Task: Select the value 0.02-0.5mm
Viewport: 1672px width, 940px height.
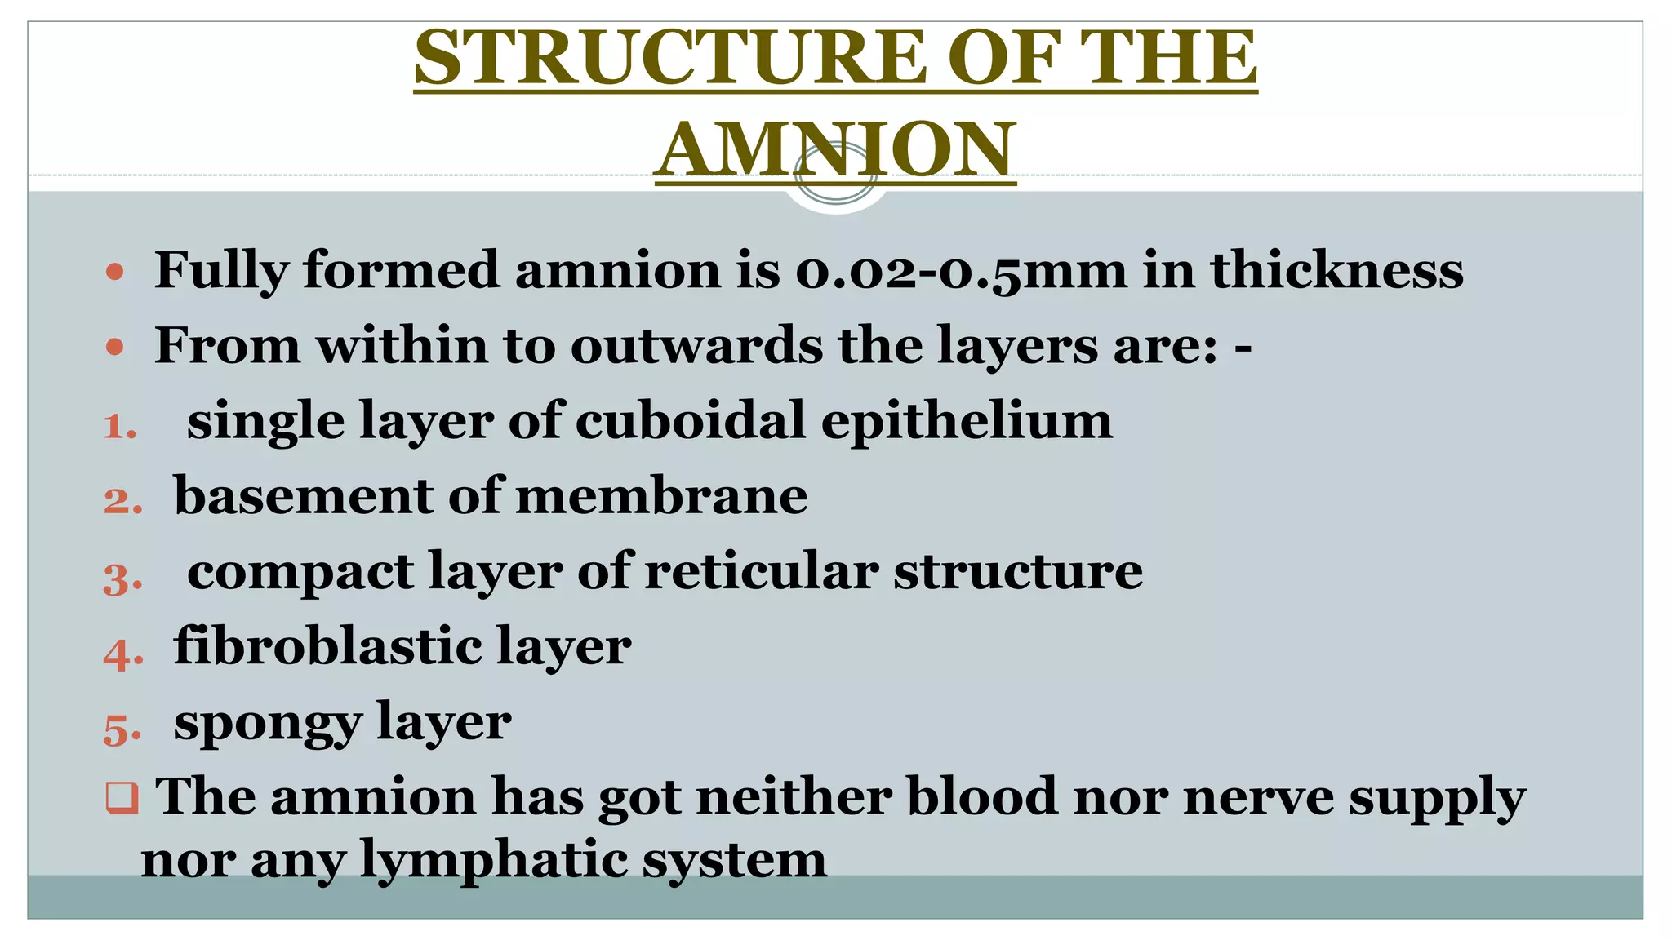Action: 961,270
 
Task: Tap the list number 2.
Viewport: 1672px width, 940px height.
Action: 122,500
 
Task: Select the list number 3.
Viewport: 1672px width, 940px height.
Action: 122,579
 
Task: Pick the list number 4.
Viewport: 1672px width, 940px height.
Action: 123,654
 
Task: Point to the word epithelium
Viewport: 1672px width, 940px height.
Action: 967,423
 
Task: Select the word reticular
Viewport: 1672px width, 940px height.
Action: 761,571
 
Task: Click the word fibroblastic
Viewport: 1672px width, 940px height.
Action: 327,646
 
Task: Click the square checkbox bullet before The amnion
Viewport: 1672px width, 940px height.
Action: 122,797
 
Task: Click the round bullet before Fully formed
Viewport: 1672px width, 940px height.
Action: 115,272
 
